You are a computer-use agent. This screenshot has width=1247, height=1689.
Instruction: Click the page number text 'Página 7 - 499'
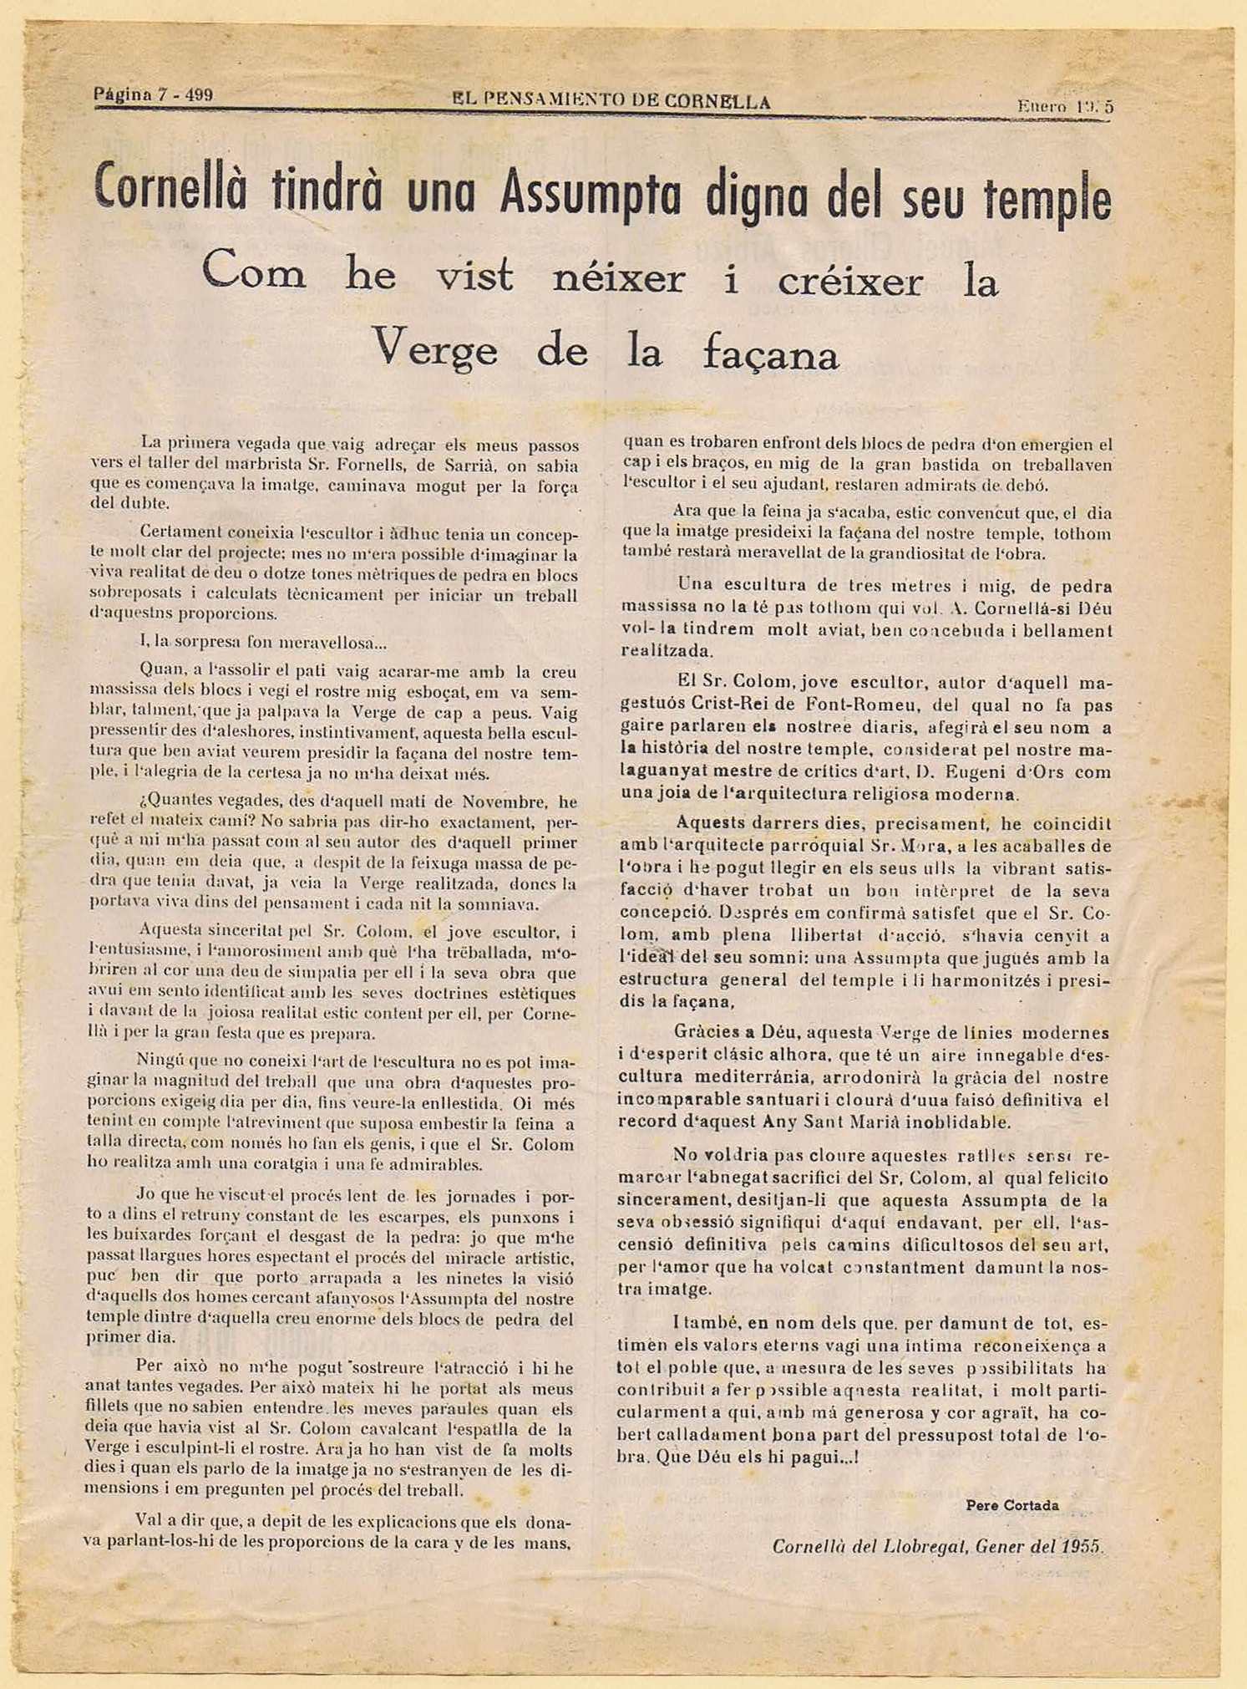[154, 94]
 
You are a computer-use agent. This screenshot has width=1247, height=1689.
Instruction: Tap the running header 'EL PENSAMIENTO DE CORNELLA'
[611, 102]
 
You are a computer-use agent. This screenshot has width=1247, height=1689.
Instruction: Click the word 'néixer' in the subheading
[619, 279]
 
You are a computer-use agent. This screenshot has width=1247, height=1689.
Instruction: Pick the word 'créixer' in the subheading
[849, 282]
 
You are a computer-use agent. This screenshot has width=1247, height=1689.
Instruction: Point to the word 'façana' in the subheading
[770, 355]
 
